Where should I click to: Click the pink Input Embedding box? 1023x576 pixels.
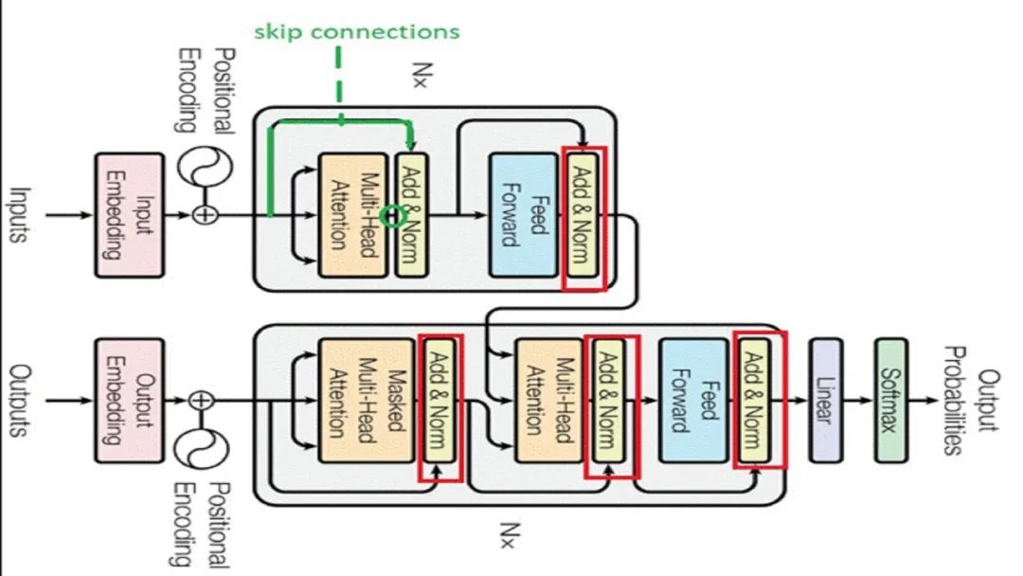click(129, 214)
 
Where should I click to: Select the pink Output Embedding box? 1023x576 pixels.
click(129, 400)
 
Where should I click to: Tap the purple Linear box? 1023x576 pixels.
click(825, 400)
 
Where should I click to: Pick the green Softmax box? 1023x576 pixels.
click(888, 400)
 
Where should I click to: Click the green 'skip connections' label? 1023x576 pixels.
click(357, 31)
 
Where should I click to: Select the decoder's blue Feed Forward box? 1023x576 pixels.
click(693, 400)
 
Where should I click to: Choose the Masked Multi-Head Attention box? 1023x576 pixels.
click(352, 400)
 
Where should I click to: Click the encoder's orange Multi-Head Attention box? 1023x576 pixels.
click(352, 214)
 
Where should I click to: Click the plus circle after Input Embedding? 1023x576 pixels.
click(205, 215)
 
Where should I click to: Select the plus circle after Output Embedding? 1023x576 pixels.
click(201, 400)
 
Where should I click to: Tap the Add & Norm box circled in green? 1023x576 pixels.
click(409, 214)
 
